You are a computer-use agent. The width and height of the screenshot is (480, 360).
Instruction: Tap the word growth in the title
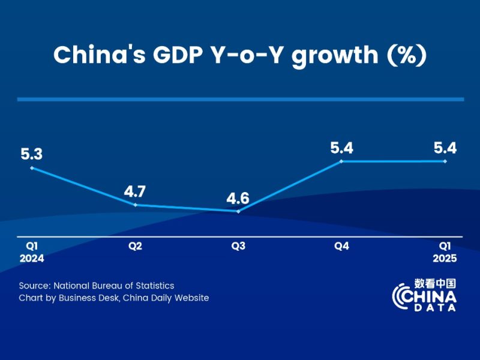[x=340, y=55]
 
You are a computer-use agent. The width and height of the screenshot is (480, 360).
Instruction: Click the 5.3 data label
[x=31, y=154]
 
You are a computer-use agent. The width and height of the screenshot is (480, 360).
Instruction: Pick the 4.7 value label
[x=135, y=192]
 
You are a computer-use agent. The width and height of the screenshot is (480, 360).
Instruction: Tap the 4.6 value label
[x=238, y=197]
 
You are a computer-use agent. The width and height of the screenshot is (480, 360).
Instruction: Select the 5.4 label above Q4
[x=341, y=148]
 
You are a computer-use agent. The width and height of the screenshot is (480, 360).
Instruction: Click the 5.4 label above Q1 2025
[x=445, y=148]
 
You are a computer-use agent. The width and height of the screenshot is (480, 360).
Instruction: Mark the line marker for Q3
[x=238, y=211]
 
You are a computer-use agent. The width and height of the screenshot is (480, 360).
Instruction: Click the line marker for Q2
[x=135, y=205]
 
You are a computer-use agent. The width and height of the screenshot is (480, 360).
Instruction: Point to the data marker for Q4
[x=341, y=161]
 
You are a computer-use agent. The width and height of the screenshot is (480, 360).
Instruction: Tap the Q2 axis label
[x=135, y=246]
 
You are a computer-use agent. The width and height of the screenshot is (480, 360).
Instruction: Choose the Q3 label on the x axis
[x=238, y=246]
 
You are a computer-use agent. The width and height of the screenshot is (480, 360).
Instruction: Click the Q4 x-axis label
[x=341, y=246]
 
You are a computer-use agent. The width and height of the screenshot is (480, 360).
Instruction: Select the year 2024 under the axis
[x=31, y=259]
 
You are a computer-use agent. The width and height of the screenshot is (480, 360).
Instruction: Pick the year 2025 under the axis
[x=445, y=259]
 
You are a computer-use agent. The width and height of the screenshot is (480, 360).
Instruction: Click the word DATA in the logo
[x=434, y=307]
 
